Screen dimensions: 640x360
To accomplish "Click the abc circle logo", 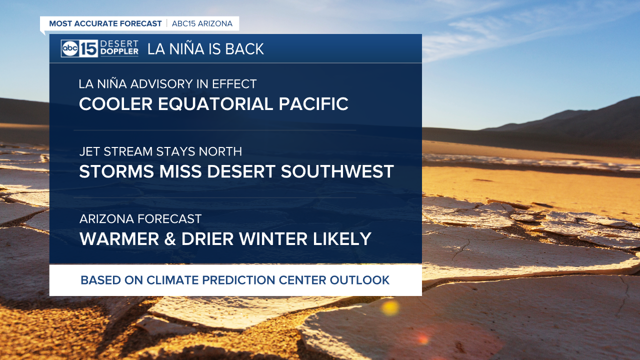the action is tap(70, 48).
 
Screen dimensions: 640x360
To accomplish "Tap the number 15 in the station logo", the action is tap(88, 48).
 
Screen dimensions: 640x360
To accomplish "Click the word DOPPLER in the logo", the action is tap(119, 51).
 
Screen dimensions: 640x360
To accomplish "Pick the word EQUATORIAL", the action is tap(215, 103).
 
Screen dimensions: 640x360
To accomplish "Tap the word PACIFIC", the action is tap(313, 103).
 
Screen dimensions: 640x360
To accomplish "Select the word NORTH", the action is tap(220, 151).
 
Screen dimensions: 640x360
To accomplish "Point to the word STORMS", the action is tap(116, 171).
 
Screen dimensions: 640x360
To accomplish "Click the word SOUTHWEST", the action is tap(337, 171).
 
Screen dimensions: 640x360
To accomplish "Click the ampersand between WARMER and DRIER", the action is tap(170, 239).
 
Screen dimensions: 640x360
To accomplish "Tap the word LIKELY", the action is tap(342, 239).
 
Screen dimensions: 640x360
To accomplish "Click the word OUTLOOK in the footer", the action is tap(359, 280).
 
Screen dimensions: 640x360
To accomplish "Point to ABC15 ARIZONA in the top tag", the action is tap(202, 23).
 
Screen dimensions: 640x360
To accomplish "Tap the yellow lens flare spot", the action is tap(390, 308).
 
